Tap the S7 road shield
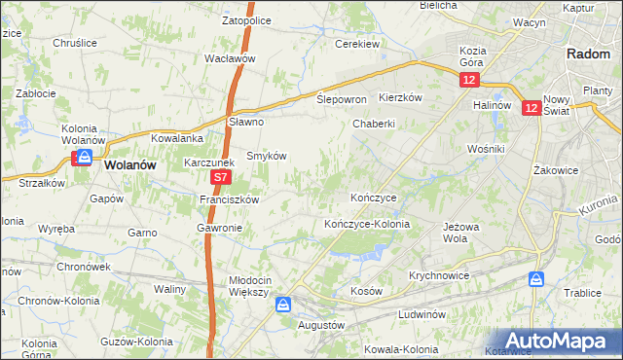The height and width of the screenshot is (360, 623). (221, 178)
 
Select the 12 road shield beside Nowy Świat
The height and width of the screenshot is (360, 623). (531, 109)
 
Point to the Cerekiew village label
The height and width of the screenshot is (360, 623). (356, 44)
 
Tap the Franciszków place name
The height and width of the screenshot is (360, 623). (229, 199)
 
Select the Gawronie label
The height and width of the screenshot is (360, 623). (219, 228)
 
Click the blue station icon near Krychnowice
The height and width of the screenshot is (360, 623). (535, 279)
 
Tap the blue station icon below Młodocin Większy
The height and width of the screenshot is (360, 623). (282, 306)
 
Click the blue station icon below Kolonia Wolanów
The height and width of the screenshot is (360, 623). (86, 157)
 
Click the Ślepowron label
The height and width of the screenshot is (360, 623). (342, 99)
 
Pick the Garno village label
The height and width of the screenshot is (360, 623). (142, 233)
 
